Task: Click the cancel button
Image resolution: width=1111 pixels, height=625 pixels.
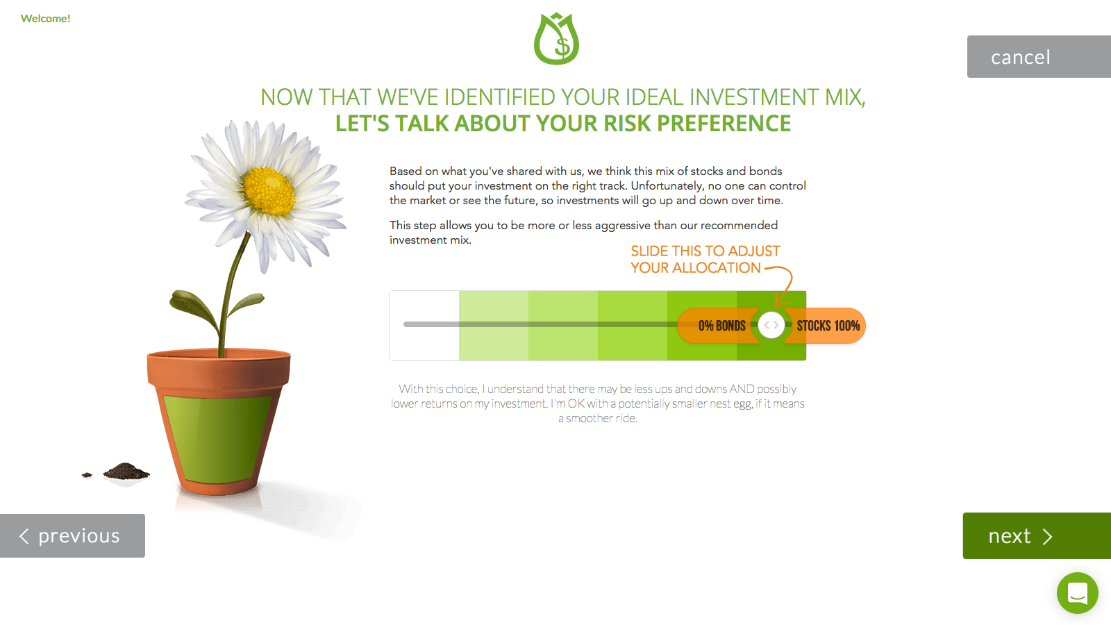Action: pyautogui.click(x=1039, y=56)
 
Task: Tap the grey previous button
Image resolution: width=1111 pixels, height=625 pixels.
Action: pyautogui.click(x=72, y=535)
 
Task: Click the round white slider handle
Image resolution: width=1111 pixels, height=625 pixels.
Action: pyautogui.click(x=771, y=326)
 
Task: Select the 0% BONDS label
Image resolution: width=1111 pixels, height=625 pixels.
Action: pyautogui.click(x=721, y=326)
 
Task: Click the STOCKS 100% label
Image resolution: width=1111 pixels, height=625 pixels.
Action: pyautogui.click(x=828, y=326)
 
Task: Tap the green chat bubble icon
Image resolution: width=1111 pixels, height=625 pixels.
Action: pyautogui.click(x=1077, y=593)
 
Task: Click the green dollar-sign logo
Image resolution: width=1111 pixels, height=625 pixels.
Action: pyautogui.click(x=556, y=39)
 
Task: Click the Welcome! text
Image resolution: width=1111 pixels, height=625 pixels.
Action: pyautogui.click(x=46, y=18)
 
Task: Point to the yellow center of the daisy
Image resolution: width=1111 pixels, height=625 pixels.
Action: pyautogui.click(x=269, y=191)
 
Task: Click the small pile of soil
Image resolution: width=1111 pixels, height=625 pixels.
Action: pyautogui.click(x=126, y=471)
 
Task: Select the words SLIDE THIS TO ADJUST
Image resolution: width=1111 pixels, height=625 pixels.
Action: pyautogui.click(x=705, y=251)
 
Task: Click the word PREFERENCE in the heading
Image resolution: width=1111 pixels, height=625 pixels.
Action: pyautogui.click(x=724, y=124)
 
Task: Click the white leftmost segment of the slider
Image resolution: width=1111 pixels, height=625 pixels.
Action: pyautogui.click(x=424, y=326)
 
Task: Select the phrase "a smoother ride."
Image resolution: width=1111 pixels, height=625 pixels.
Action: pyautogui.click(x=598, y=418)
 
